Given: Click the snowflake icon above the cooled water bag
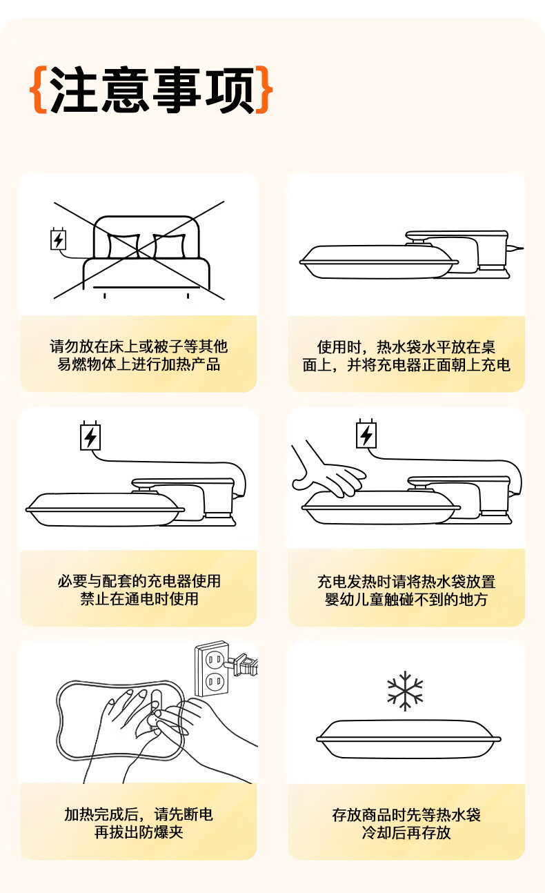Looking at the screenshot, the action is (x=405, y=691).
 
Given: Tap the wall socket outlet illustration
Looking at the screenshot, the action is (x=212, y=669).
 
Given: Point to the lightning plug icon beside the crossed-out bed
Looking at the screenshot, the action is (x=59, y=239).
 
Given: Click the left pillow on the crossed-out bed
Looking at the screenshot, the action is (x=123, y=246).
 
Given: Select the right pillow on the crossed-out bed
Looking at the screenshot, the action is (x=169, y=246).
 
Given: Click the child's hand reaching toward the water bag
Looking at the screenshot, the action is (x=328, y=471).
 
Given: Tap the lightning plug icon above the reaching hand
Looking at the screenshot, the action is (x=366, y=434).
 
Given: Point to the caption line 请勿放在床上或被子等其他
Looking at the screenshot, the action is (x=139, y=346).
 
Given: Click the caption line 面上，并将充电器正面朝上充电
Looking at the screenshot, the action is (x=406, y=365).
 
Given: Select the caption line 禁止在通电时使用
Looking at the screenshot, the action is (x=139, y=599).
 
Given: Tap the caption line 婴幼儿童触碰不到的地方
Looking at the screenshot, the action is (x=406, y=600).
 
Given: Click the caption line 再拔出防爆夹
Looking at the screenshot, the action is (x=139, y=832).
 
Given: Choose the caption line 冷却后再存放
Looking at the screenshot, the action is (x=406, y=832).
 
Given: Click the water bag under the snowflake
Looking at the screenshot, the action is (x=408, y=738).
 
